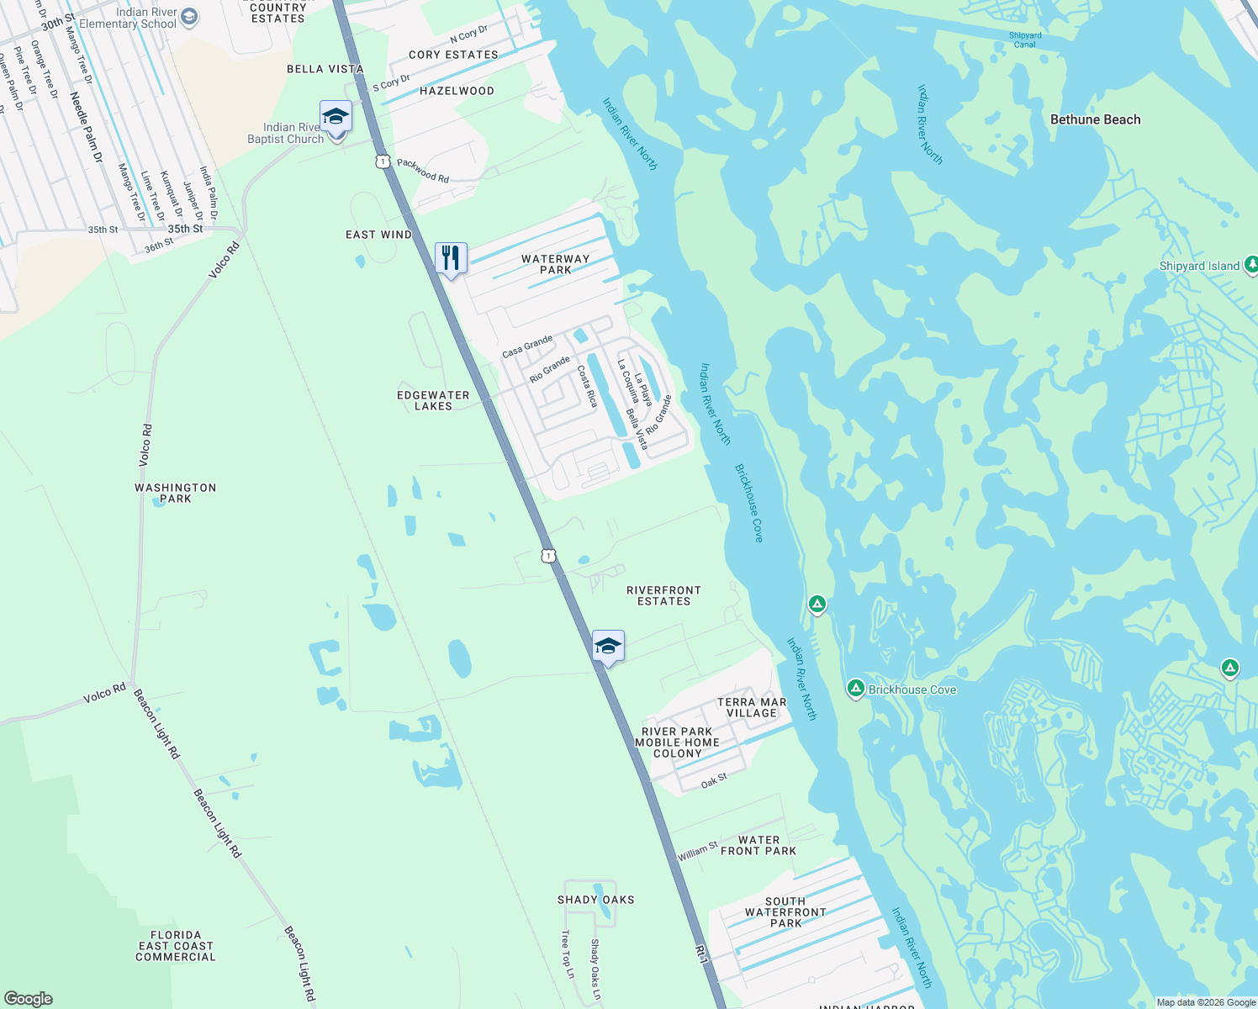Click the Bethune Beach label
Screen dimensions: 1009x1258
(1095, 119)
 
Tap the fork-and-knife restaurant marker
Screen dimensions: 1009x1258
(451, 259)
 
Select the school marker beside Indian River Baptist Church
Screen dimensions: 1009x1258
(336, 116)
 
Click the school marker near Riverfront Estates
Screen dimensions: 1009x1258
(608, 647)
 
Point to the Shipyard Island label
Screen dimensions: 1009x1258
(1199, 266)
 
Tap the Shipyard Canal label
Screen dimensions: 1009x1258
(1025, 40)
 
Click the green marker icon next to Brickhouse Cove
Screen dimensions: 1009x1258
(856, 689)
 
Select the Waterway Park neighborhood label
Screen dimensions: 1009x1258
(555, 264)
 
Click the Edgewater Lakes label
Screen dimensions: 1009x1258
(433, 400)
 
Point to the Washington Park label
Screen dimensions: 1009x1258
(176, 493)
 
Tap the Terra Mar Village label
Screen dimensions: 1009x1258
(752, 707)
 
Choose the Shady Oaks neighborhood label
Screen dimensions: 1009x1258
(595, 900)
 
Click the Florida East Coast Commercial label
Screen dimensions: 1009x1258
(176, 946)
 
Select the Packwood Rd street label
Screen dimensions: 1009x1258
(423, 171)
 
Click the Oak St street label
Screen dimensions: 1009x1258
(714, 781)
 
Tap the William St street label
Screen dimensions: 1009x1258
(698, 851)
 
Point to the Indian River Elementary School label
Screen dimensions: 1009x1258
(128, 18)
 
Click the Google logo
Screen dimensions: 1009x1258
(28, 998)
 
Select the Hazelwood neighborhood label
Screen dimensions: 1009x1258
(457, 91)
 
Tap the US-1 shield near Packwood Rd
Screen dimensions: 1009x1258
(383, 161)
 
